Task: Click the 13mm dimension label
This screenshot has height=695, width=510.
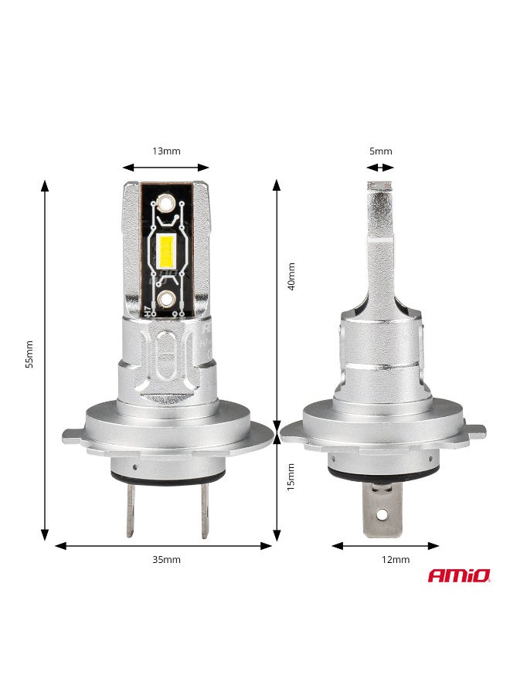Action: [x=166, y=151]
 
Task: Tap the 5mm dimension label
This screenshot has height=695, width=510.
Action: [x=380, y=151]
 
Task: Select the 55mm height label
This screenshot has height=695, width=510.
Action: [x=29, y=354]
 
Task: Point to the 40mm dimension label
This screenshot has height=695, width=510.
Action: [x=291, y=276]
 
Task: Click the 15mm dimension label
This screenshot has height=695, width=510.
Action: [x=291, y=477]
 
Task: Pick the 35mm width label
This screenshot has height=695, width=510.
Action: [x=166, y=559]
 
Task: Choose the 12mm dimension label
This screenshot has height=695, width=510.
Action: [x=396, y=559]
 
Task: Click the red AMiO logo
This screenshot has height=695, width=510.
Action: [x=459, y=576]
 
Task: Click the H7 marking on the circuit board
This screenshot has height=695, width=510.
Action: [x=148, y=311]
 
